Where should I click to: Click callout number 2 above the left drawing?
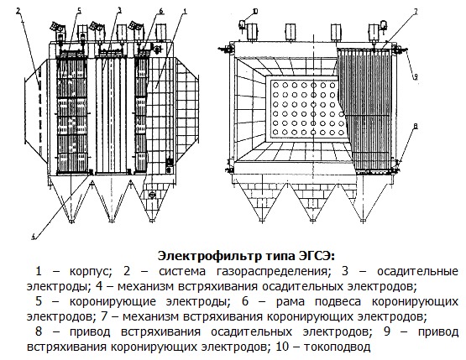pos(18,11)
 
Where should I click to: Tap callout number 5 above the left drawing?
pos(79,11)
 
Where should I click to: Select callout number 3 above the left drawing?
pos(119,11)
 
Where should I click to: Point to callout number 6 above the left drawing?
pos(161,11)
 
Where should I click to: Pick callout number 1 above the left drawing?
pos(185,12)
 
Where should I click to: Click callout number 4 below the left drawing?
pos(34,237)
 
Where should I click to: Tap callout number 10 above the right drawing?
pos(255,12)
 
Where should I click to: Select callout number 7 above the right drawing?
pos(416,12)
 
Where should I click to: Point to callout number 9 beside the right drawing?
pos(416,76)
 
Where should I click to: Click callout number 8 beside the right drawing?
pos(416,127)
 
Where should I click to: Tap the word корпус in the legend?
pos(91,272)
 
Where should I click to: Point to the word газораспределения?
pos(272,272)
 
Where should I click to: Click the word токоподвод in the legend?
pos(337,347)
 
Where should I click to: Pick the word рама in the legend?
pos(290,302)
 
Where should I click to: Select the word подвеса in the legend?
pos(338,302)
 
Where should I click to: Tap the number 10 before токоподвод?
pos(282,347)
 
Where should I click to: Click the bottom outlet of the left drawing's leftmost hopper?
pos(71,221)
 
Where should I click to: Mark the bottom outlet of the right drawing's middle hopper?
pos(312,221)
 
